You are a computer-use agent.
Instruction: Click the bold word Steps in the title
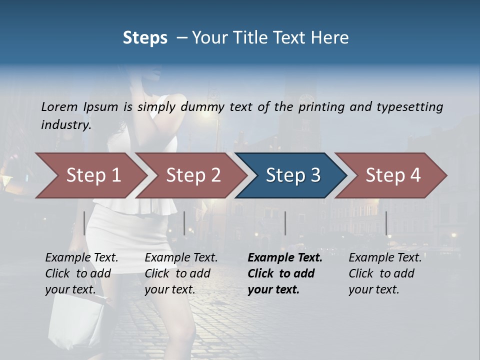145,38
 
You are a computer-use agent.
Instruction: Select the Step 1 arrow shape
90,175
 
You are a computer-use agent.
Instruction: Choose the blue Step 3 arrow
291,175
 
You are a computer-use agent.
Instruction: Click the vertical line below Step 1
84,223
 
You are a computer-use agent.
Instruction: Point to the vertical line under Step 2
184,223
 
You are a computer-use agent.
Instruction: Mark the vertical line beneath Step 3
285,223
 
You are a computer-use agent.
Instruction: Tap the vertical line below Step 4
386,223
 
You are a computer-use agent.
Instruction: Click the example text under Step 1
81,273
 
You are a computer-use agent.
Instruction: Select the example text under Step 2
181,273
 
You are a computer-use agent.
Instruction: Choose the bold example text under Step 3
285,273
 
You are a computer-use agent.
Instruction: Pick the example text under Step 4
385,273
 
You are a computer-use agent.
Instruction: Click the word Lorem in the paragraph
59,106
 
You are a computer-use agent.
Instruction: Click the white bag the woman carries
75,320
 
